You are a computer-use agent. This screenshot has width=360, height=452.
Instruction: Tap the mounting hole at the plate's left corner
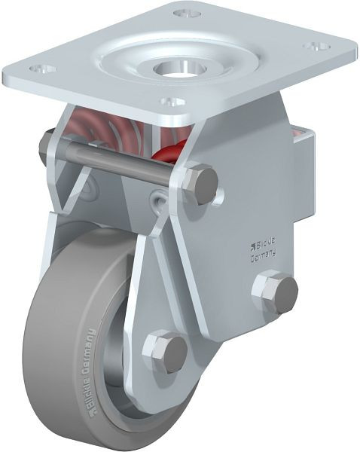pos(43,69)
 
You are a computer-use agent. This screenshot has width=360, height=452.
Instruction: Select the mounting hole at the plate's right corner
pos(317,46)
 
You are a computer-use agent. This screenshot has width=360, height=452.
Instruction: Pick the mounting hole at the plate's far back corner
pos(187,14)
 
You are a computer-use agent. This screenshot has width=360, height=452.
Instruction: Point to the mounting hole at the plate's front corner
pos(173,102)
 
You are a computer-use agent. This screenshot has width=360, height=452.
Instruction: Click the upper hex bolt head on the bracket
pos(201,185)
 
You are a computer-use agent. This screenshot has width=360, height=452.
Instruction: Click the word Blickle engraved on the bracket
pos(264,244)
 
